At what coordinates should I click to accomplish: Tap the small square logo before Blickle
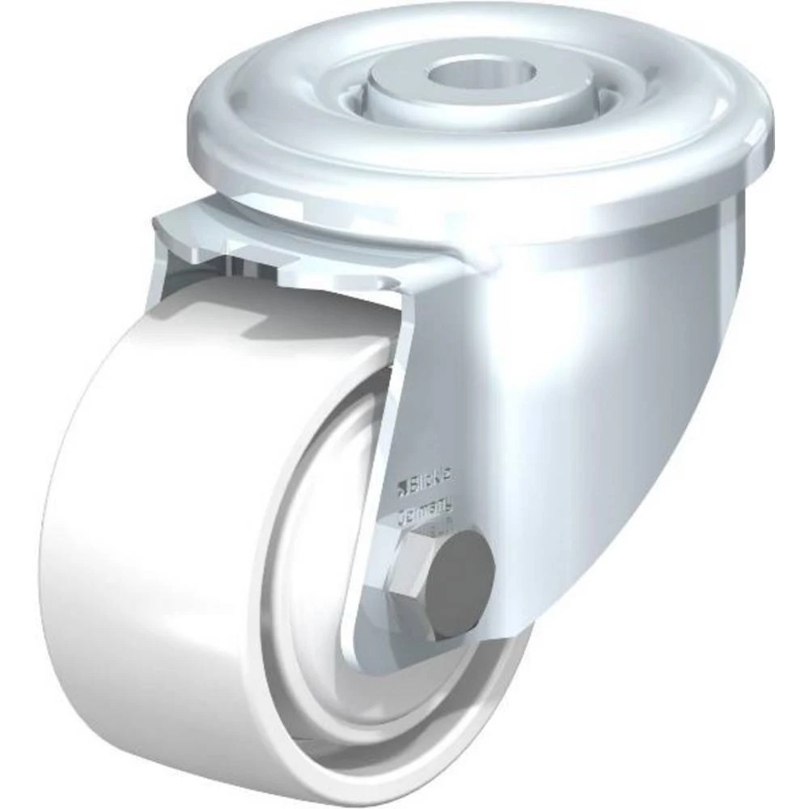(400, 488)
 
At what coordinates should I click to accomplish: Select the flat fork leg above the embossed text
(429, 388)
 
